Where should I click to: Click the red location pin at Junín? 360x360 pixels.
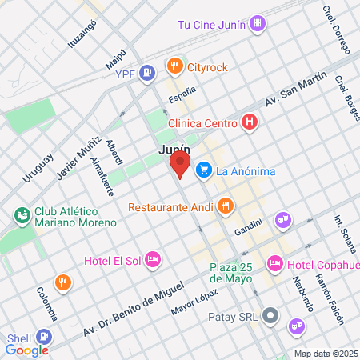coord(180,166)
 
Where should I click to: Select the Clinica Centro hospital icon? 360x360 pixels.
coord(250,123)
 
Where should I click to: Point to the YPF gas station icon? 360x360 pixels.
coord(146,74)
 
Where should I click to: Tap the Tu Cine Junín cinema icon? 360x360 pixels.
coord(256,24)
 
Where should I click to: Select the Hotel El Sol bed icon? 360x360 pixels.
coord(153,259)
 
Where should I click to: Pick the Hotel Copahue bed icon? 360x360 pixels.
coord(275,263)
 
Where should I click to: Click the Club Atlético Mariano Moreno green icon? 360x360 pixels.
coord(22,214)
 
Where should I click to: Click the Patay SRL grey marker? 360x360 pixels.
coord(271,316)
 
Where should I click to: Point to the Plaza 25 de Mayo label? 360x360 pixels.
coord(231,273)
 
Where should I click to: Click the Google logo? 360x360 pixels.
coord(26,350)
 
